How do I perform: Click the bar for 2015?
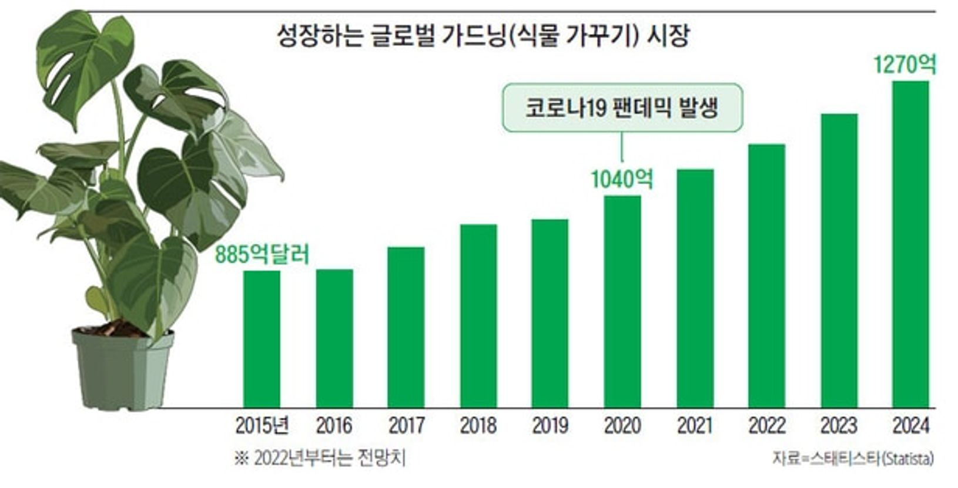pyautogui.click(x=262, y=339)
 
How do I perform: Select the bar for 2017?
pyautogui.click(x=406, y=327)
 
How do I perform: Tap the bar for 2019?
pyautogui.click(x=550, y=313)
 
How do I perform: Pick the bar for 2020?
pyautogui.click(x=622, y=302)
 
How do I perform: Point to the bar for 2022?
pyautogui.click(x=767, y=276)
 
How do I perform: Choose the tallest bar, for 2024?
pyautogui.click(x=911, y=244)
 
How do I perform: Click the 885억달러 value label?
pyautogui.click(x=262, y=254)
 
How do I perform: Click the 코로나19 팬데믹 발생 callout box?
pyautogui.click(x=622, y=107)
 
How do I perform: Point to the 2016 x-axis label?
pyautogui.click(x=334, y=426)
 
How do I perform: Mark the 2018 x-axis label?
pyautogui.click(x=478, y=426)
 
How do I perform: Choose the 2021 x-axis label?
pyautogui.click(x=695, y=426)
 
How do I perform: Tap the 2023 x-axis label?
pyautogui.click(x=839, y=426)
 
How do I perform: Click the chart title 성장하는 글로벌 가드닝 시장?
pyautogui.click(x=483, y=36)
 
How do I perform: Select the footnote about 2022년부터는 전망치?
pyautogui.click(x=320, y=459)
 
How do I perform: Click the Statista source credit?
pyautogui.click(x=853, y=459)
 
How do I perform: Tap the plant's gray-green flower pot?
pyautogui.click(x=123, y=369)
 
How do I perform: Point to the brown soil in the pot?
pyautogui.click(x=115, y=328)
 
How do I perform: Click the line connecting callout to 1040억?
pyautogui.click(x=622, y=147)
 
